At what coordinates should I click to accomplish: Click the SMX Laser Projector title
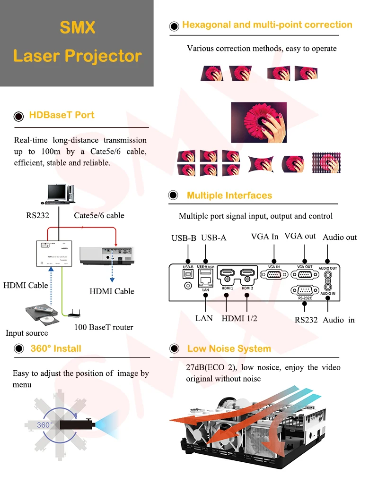point(77,42)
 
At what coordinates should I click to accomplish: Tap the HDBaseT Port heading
point(61,115)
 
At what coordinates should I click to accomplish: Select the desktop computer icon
point(58,194)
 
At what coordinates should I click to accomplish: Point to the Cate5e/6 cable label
point(99,216)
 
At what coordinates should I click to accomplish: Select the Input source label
point(27,333)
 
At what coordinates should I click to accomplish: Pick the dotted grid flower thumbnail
point(326,163)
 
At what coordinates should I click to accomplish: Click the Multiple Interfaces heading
point(229,195)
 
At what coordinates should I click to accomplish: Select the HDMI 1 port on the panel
point(227,273)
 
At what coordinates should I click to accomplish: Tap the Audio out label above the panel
point(340,238)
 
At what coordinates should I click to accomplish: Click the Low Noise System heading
point(229,349)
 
